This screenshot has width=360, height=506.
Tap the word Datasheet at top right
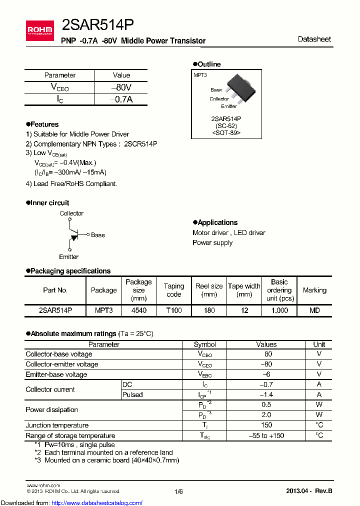pos(314,39)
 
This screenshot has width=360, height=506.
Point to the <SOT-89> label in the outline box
pos(226,133)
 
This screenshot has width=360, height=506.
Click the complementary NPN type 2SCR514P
pos(140,143)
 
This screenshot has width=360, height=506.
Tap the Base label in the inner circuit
pos(98,235)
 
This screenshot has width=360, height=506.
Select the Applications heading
pos(217,222)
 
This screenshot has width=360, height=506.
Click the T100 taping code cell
pos(173,310)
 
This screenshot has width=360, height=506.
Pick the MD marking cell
pos(314,310)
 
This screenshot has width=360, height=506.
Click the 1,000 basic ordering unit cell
pos(279,310)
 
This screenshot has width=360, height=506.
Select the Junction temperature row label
pos(57,425)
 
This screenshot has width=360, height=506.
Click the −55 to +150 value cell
pos(266,435)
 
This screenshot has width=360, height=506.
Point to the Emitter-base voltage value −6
pos(266,374)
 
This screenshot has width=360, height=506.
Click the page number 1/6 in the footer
pos(179,491)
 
